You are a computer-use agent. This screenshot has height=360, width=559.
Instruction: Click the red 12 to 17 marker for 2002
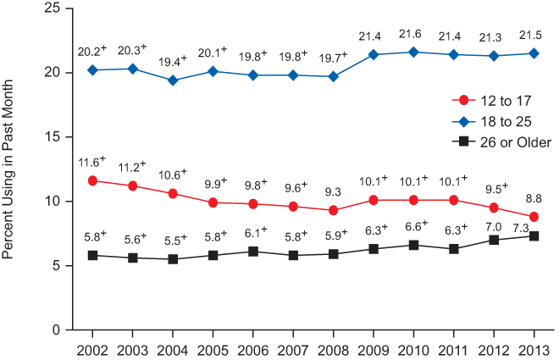point(91,180)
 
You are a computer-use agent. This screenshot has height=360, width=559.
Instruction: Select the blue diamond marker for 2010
point(413,52)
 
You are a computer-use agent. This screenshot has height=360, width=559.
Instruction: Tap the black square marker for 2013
point(534,235)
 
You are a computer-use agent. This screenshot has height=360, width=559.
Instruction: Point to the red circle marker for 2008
point(333,210)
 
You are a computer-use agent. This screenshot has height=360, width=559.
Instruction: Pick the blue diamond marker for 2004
point(172,80)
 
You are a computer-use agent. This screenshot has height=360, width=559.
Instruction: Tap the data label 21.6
point(412,33)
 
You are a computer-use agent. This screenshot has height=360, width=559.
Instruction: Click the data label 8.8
point(532,198)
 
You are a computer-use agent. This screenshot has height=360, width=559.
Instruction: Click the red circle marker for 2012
point(494,208)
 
